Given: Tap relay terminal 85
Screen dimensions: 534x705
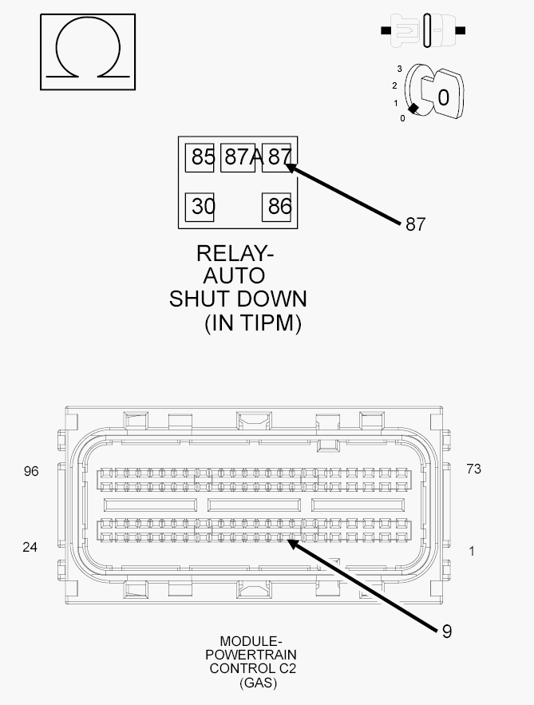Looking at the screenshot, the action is pos(200,158).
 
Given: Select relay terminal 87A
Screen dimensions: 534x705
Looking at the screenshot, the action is pos(238,158).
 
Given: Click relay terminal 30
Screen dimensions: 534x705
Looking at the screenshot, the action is pos(200,208).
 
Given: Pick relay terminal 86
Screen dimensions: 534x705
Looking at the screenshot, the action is pos(276,208).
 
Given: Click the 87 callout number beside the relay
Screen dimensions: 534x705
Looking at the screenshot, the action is pos(415,224).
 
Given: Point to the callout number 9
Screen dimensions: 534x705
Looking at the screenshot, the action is pos(446,632).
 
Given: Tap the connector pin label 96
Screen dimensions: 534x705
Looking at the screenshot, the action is pos(31,471).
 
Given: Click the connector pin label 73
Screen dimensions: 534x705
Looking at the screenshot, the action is pos(474,469).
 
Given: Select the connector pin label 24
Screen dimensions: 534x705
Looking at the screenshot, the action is pos(30,547).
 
